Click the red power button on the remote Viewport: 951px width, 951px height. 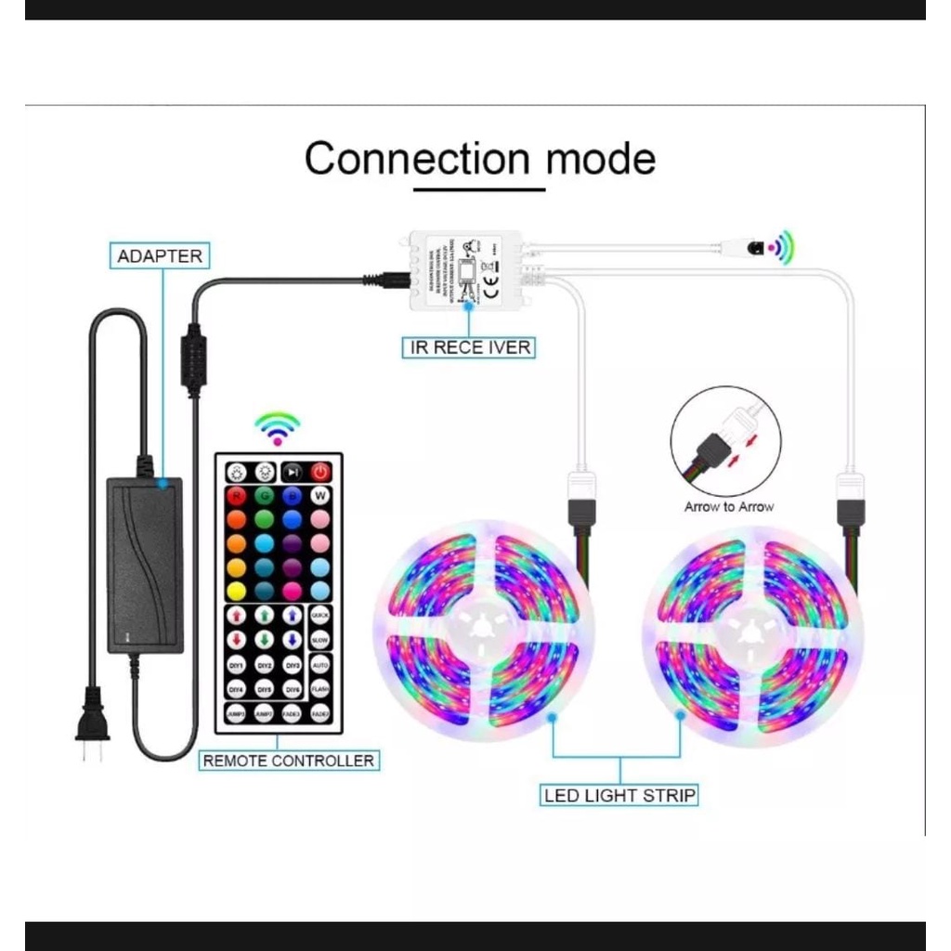pyautogui.click(x=320, y=472)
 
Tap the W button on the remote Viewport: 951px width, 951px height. pyautogui.click(x=320, y=495)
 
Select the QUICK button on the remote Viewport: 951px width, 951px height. pyautogui.click(x=320, y=614)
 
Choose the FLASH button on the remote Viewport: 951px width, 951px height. pyautogui.click(x=320, y=688)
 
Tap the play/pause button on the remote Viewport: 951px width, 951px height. pyautogui.click(x=293, y=472)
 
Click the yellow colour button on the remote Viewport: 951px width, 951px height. pyautogui.click(x=236, y=591)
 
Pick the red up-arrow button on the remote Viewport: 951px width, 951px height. pyautogui.click(x=236, y=615)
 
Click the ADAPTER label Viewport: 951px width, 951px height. pyautogui.click(x=160, y=255)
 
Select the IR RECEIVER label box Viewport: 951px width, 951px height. pyautogui.click(x=470, y=347)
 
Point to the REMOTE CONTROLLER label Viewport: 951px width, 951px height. pyautogui.click(x=289, y=761)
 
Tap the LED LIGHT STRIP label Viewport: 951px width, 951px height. pyautogui.click(x=620, y=795)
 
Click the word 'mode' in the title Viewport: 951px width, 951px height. pyautogui.click(x=600, y=159)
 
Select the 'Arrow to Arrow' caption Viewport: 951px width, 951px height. pyautogui.click(x=728, y=507)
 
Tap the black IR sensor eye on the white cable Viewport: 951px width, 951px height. pyautogui.click(x=758, y=248)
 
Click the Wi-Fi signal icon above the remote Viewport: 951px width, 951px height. pyautogui.click(x=277, y=427)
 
